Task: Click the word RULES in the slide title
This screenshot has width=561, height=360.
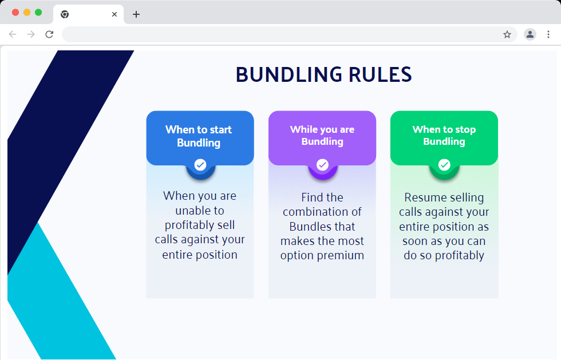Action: [380, 75]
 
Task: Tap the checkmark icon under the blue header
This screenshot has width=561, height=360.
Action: [200, 165]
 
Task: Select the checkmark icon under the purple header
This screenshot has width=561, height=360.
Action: [322, 165]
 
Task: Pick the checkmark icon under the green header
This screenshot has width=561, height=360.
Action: [444, 165]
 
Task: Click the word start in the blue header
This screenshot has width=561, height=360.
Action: [220, 129]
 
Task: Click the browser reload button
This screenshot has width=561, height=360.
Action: [49, 34]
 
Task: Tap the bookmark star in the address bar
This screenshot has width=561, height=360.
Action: [507, 34]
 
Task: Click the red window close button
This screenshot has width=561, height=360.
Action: [15, 13]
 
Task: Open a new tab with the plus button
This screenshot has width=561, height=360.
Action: [136, 14]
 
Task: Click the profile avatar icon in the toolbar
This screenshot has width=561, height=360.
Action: [530, 34]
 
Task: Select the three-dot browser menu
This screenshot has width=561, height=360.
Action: [548, 34]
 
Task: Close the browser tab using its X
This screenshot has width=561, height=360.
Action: [114, 14]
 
